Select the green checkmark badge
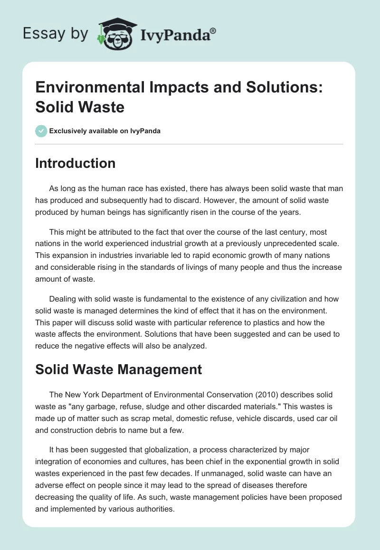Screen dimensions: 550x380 [x=41, y=131]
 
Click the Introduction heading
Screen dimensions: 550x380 [x=75, y=163]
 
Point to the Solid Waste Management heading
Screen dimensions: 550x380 [x=119, y=369]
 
